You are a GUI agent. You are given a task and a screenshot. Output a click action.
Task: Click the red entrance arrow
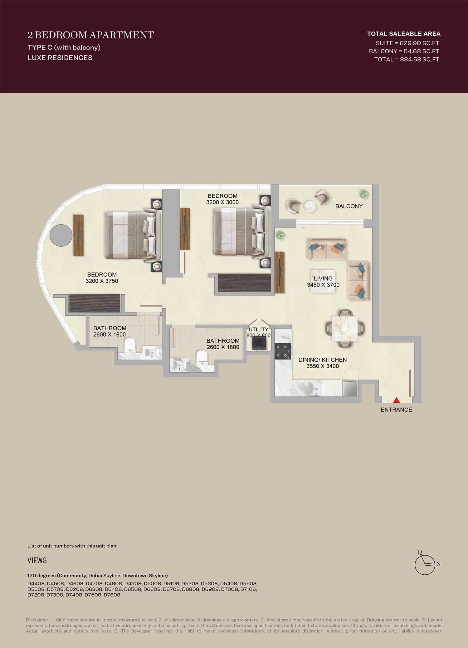396,400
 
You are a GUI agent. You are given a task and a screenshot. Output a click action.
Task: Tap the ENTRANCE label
396,410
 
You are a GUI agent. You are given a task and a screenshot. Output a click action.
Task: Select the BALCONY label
349,206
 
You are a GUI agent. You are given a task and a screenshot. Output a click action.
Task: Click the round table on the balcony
310,207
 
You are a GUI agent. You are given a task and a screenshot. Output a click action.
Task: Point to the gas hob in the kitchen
283,351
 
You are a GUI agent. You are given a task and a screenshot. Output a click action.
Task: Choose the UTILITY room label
258,330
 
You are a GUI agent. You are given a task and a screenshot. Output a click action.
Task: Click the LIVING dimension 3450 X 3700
323,285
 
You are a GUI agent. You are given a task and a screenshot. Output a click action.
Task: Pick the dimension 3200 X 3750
102,281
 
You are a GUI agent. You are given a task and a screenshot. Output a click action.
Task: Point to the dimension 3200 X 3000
222,202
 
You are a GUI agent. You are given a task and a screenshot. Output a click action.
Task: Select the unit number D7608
112,595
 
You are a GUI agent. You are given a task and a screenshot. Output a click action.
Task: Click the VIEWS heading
37,560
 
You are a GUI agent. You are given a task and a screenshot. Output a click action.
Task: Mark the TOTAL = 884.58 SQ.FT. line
407,59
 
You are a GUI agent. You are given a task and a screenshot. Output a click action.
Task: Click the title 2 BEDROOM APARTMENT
91,35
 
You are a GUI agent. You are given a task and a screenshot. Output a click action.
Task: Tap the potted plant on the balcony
363,194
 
